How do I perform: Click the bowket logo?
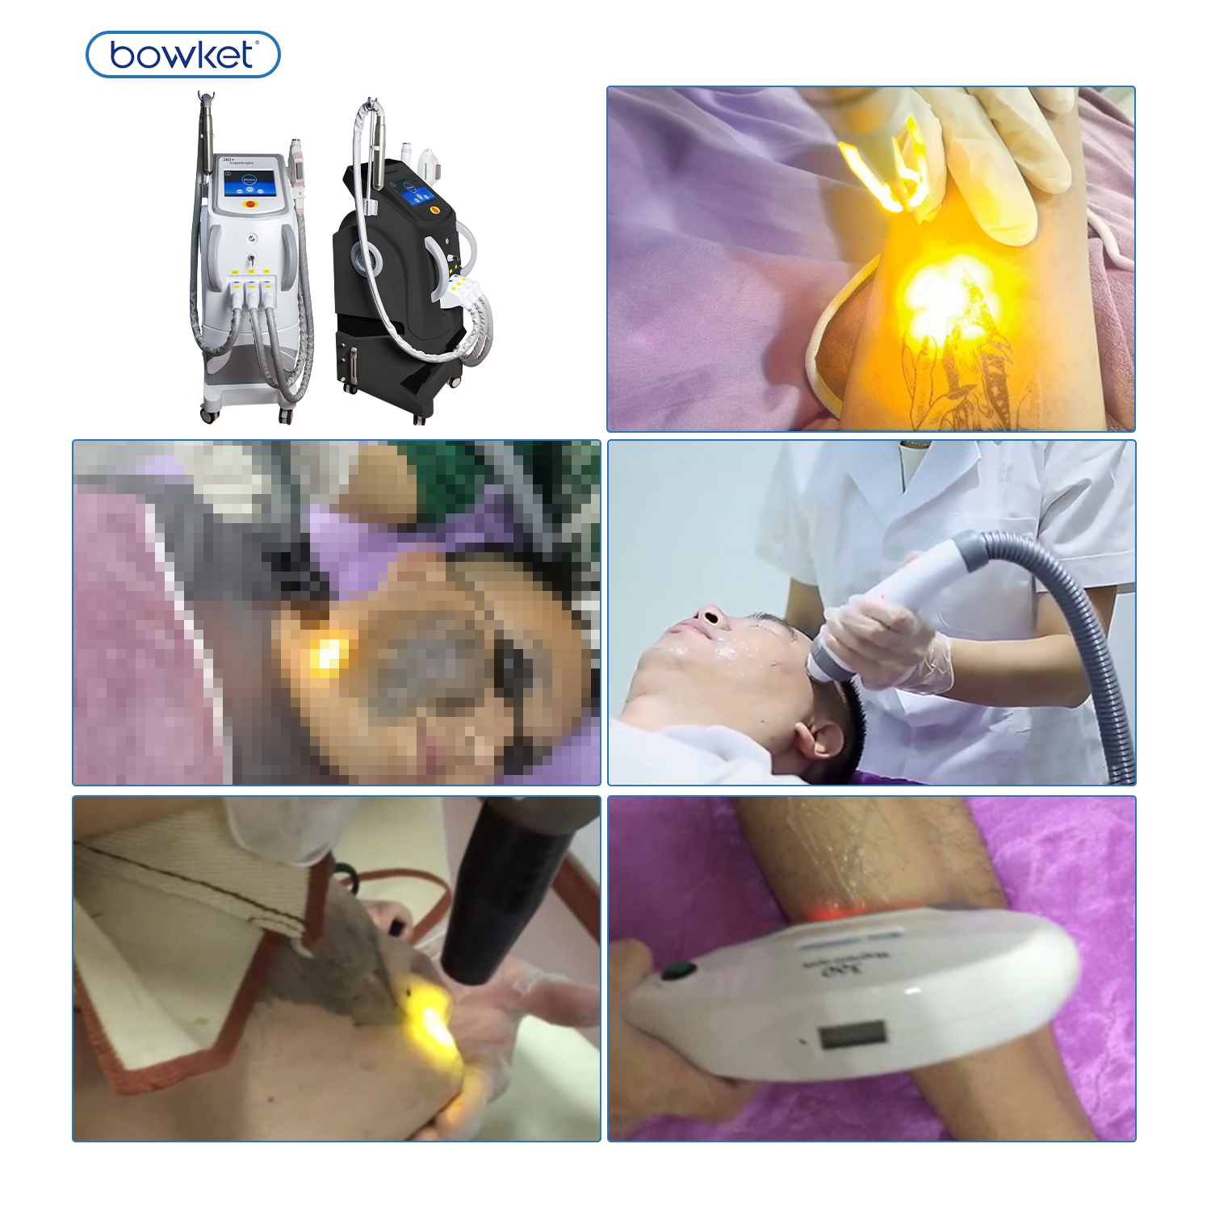click(x=182, y=55)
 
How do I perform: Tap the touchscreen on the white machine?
click(x=249, y=182)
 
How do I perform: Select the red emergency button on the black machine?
click(x=435, y=209)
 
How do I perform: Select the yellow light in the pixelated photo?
click(x=326, y=654)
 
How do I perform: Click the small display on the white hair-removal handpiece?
click(x=853, y=1034)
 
